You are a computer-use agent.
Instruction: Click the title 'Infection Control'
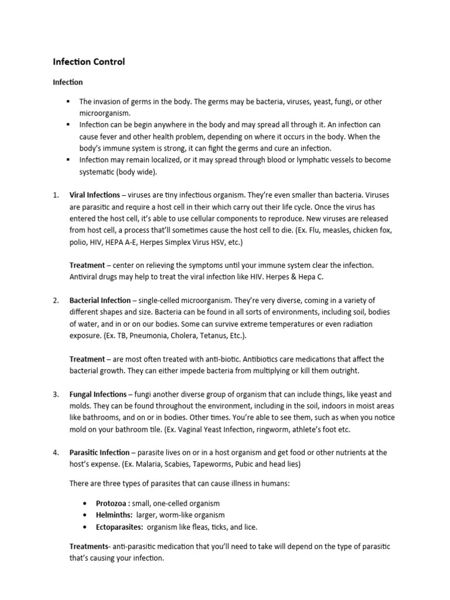coord(89,62)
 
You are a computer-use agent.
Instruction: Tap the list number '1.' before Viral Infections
coord(56,195)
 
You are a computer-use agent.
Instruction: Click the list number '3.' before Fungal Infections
coord(56,394)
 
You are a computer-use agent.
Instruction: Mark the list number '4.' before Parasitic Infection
coord(56,453)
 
